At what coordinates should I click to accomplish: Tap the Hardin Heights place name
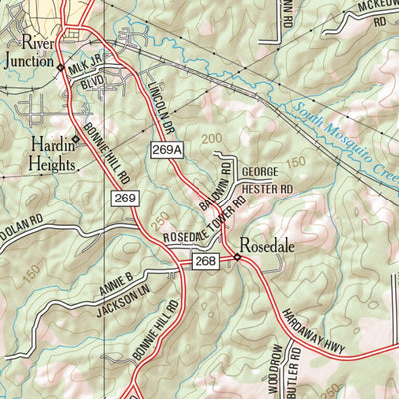[x=40, y=151]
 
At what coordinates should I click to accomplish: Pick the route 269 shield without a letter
[x=124, y=200]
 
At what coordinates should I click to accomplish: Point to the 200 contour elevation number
[x=209, y=137]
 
